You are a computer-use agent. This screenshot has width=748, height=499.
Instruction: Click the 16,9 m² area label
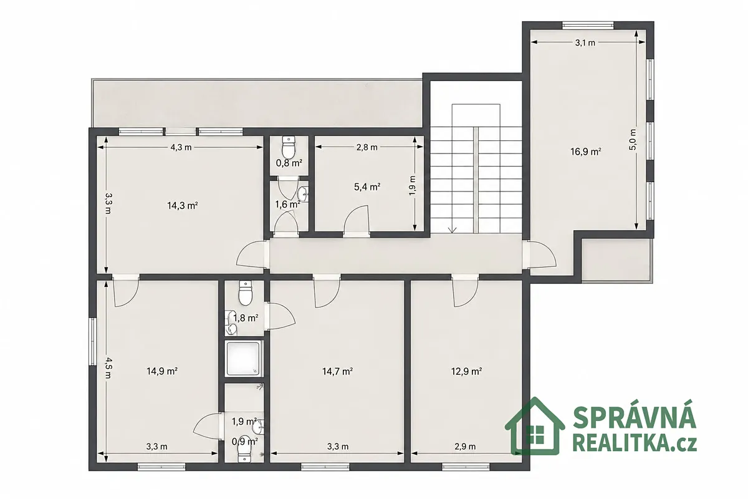tap(586, 152)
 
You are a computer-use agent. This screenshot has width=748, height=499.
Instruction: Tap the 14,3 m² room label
tap(182, 206)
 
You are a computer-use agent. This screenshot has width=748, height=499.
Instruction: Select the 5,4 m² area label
tap(367, 187)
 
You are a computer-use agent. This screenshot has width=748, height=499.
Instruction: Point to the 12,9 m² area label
tap(466, 371)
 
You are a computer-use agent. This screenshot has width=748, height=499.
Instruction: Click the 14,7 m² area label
tap(338, 371)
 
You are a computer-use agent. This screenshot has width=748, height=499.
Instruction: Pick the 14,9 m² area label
tap(162, 371)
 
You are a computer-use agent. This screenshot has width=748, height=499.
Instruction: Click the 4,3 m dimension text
tap(181, 147)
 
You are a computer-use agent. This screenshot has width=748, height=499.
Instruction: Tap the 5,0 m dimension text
tap(633, 139)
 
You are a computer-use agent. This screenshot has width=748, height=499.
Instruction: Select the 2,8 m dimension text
tap(367, 147)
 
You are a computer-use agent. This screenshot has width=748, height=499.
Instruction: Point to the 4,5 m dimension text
tap(109, 368)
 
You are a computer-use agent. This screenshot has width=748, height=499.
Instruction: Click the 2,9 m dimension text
tap(465, 447)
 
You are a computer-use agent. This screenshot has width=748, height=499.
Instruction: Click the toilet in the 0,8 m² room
tap(289, 147)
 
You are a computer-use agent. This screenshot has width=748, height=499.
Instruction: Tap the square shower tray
tap(244, 359)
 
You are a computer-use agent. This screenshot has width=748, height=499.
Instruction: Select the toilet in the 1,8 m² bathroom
tap(246, 293)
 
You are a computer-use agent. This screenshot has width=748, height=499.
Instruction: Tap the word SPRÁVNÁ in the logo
tap(635, 418)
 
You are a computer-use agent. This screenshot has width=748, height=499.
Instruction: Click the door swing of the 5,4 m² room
tap(356, 218)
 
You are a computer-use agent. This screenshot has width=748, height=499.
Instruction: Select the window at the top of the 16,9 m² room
tap(588, 26)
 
